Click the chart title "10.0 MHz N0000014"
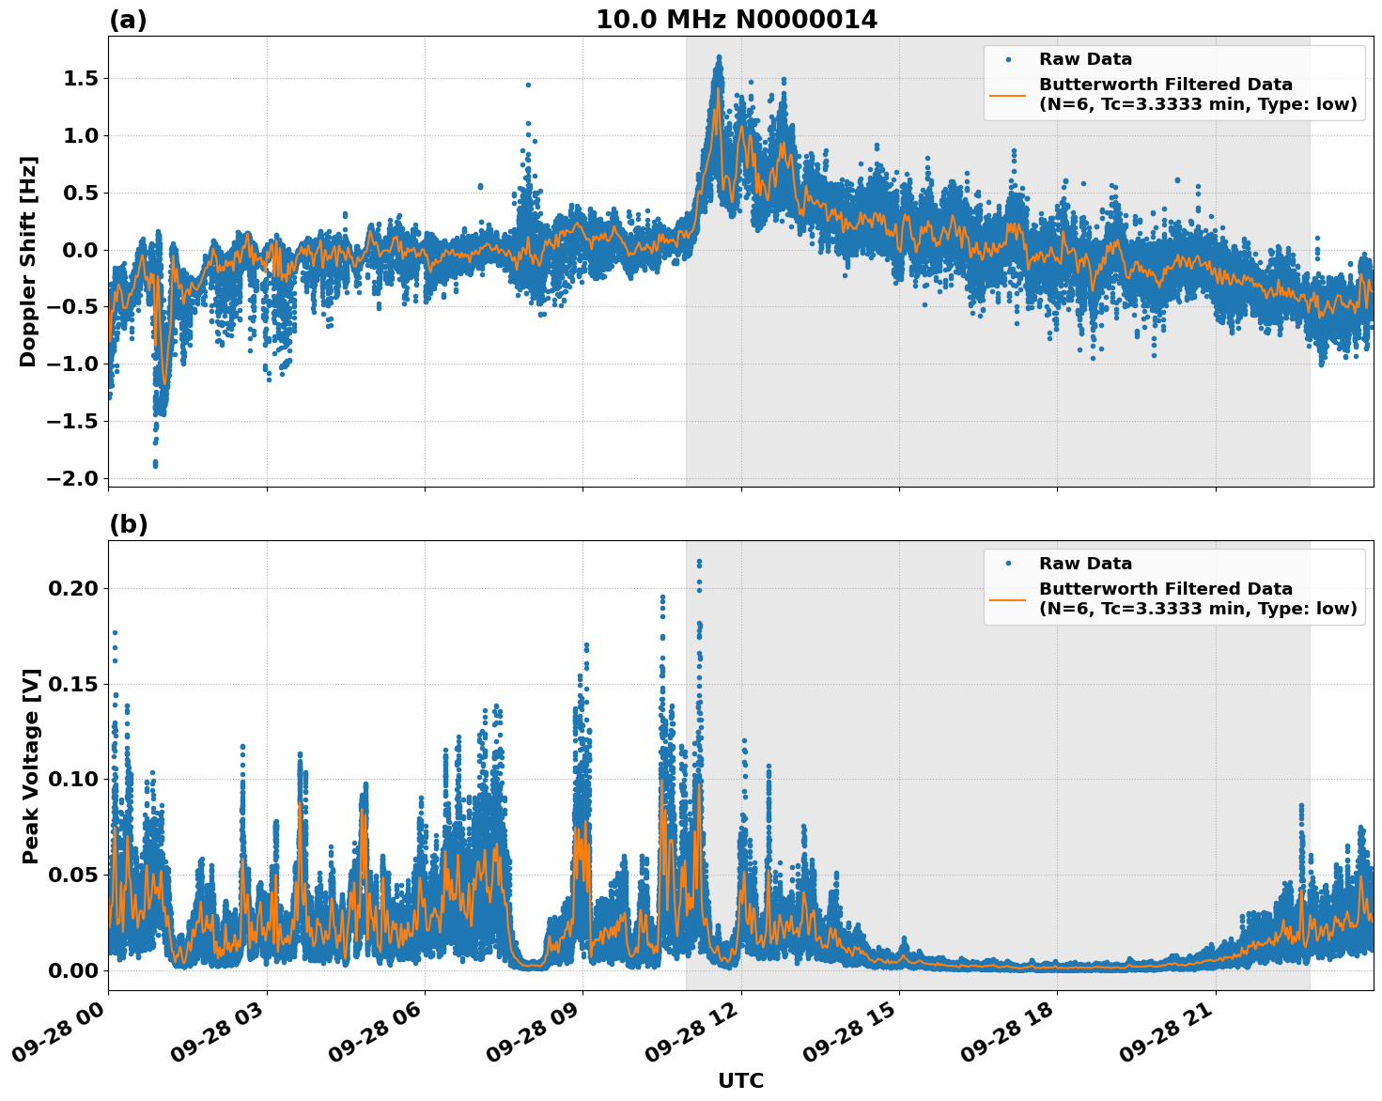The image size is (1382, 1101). click(x=736, y=20)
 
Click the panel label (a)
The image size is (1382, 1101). click(x=128, y=20)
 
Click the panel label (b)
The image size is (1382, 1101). click(x=128, y=524)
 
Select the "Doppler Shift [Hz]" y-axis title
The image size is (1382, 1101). click(x=28, y=261)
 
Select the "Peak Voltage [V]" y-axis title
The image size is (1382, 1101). click(x=31, y=766)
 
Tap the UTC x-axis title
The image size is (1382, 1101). click(x=740, y=1080)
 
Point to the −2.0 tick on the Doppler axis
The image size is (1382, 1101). click(x=72, y=478)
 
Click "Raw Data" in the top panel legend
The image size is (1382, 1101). click(x=1085, y=59)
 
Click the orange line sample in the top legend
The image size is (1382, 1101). click(x=1007, y=95)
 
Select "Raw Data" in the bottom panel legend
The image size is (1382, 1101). click(x=1085, y=564)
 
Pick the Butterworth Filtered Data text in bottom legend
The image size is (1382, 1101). click(x=1165, y=589)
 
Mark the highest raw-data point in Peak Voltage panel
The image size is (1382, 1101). click(x=699, y=562)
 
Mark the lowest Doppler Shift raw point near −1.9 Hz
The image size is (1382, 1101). click(x=155, y=465)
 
